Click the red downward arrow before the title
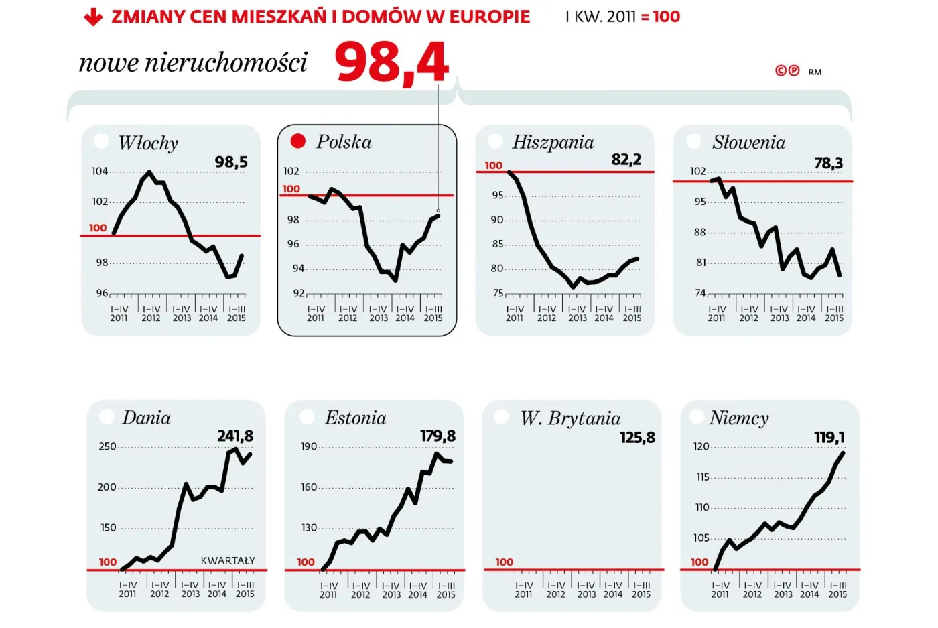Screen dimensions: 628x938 tap(93, 17)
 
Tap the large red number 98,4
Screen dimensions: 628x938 tap(392, 63)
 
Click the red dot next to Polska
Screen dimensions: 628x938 tap(297, 141)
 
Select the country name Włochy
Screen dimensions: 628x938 tap(148, 143)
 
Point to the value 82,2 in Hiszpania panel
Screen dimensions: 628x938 tap(626, 160)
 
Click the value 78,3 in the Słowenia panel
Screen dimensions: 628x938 tap(828, 163)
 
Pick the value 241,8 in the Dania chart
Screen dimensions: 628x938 tap(235, 436)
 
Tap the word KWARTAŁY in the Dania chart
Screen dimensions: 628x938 tap(228, 560)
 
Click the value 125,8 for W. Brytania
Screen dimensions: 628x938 tap(637, 438)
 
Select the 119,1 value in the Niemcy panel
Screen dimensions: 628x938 tap(829, 438)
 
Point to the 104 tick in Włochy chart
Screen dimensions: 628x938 tap(100, 172)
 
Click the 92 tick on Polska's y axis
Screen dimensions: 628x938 tap(298, 293)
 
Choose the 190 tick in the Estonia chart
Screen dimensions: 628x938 tap(309, 446)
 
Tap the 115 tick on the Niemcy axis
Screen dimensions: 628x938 tap(702, 477)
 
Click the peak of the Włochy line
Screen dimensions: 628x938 tap(149, 172)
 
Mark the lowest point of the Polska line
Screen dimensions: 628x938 tap(396, 280)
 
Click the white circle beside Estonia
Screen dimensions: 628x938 tap(307, 417)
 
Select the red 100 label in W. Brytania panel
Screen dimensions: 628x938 tap(504, 562)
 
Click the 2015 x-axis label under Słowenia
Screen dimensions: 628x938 tap(834, 318)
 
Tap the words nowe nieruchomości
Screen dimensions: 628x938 tap(193, 62)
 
